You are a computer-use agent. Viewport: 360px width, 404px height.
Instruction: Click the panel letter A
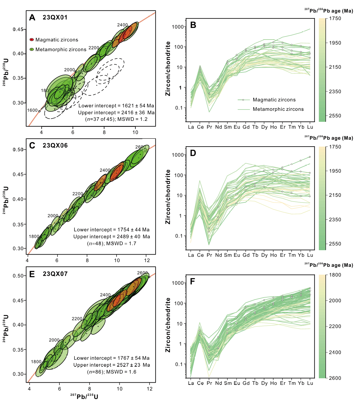[32, 18]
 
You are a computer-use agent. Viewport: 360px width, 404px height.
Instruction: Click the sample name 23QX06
[55, 146]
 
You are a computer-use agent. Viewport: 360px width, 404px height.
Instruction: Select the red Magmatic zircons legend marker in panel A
[32, 40]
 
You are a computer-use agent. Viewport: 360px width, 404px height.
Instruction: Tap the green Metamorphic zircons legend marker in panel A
[32, 49]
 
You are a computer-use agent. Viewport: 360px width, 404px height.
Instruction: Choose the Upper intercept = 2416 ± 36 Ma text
[116, 112]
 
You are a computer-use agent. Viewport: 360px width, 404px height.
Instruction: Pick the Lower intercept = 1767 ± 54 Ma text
[112, 358]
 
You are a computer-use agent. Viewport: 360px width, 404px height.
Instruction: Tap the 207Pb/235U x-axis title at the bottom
[84, 397]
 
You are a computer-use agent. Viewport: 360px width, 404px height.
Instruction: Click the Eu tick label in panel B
[237, 127]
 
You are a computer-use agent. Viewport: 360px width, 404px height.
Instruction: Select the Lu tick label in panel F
[310, 383]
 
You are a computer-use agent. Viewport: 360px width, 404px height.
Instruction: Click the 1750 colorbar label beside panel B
[335, 19]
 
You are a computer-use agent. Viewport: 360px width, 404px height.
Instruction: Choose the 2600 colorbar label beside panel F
[335, 378]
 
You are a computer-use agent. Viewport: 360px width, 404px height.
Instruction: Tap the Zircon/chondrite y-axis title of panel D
[168, 197]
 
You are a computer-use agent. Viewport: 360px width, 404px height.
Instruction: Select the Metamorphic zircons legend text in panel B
[278, 109]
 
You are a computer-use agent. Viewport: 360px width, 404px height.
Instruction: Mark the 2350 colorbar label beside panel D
[335, 220]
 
